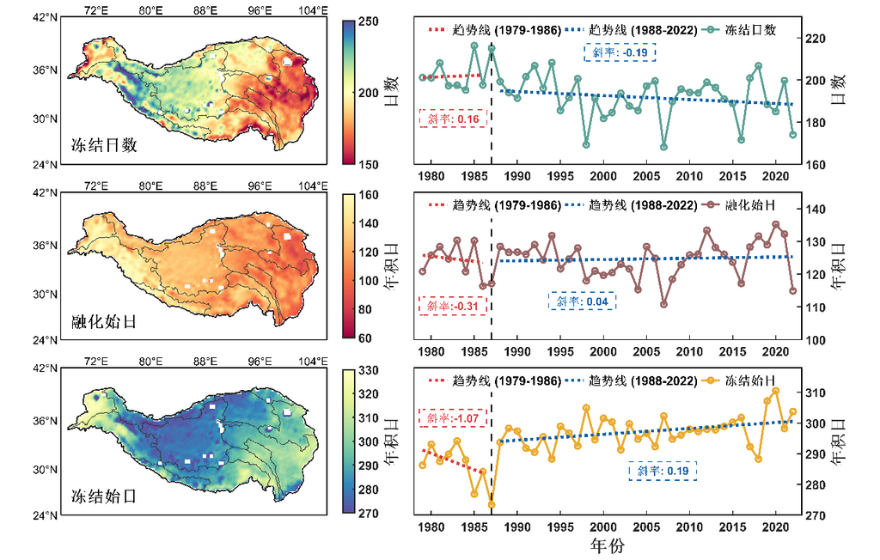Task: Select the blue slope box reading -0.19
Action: (620, 52)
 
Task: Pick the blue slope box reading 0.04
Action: (584, 301)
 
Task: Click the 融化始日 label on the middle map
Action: (105, 322)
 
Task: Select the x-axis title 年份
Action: (607, 545)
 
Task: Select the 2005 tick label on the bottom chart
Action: (645, 527)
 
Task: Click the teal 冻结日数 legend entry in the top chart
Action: (740, 29)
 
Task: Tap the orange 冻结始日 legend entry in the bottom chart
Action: (740, 379)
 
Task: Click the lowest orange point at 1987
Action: (492, 504)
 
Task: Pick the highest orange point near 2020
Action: (775, 391)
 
